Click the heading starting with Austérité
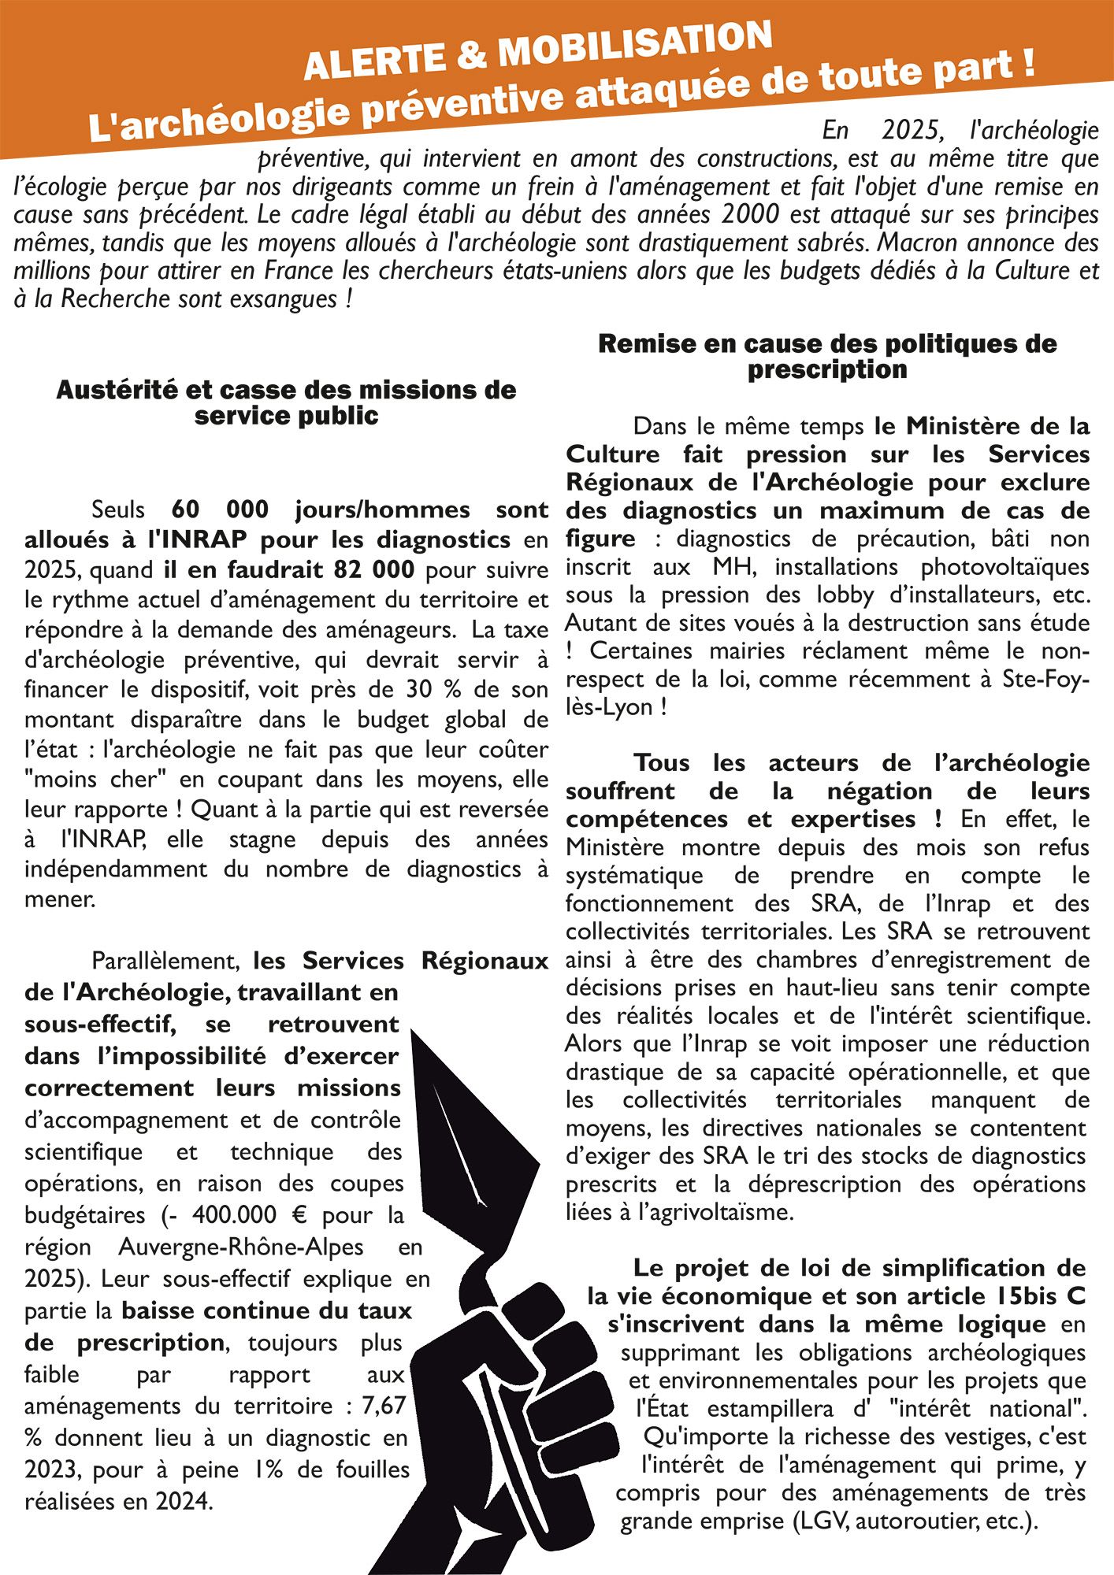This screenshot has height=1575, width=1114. point(286,402)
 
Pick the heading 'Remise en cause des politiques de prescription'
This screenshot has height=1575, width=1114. point(827,356)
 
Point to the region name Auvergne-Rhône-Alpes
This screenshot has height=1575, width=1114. point(241,1247)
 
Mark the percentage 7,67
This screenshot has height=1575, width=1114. point(384,1406)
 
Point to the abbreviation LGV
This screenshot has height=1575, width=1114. point(822,1521)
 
